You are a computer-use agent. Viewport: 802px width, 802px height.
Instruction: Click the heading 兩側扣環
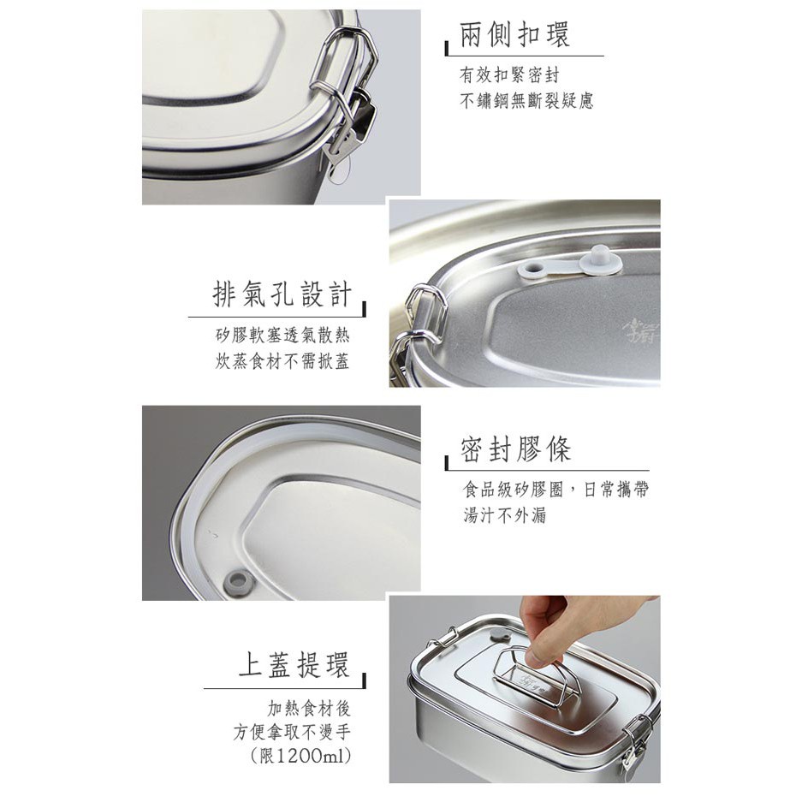point(514,35)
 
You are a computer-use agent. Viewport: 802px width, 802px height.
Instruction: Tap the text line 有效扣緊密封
point(509,75)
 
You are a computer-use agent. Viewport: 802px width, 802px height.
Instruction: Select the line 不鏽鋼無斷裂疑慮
point(526,100)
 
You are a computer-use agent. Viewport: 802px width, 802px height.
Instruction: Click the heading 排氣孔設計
point(282,294)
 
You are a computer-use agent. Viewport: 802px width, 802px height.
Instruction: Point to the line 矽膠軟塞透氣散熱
point(282,336)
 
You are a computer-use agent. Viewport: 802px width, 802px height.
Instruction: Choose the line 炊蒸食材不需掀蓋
point(282,361)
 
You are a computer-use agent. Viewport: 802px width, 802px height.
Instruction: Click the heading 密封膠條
point(515,449)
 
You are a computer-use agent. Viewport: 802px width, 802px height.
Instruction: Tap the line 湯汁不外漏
point(505,514)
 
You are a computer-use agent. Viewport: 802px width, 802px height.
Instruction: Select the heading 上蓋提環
point(294,664)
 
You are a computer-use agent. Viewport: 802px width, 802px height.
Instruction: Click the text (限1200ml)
point(301,755)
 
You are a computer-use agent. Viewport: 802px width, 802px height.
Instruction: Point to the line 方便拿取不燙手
point(293,732)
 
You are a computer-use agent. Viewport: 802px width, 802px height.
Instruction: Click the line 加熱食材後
point(310,709)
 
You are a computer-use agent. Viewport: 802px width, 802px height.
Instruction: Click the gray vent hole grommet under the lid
point(237,580)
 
